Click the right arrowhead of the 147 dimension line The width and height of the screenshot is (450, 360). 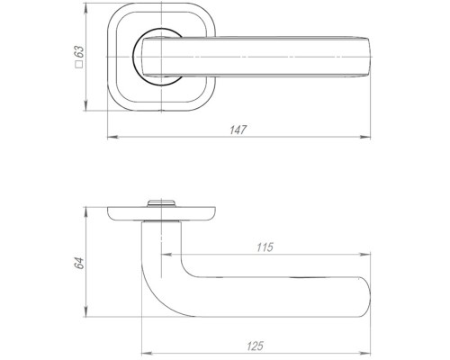pos(371,139)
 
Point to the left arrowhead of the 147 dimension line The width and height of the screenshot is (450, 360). pos(110,139)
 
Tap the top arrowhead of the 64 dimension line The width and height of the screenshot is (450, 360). pos(88,208)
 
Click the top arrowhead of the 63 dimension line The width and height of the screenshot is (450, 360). pos(88,14)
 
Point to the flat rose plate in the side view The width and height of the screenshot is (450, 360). pos(126,213)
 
